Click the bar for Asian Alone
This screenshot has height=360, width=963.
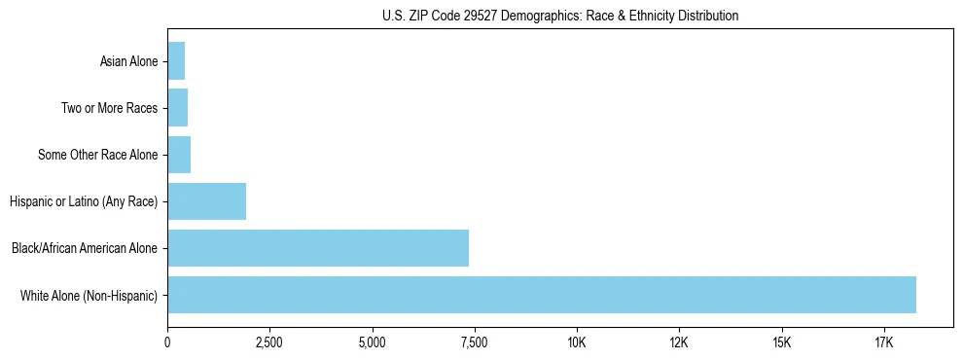click(176, 61)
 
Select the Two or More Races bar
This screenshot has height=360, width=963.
click(178, 108)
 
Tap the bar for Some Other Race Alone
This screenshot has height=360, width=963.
click(179, 155)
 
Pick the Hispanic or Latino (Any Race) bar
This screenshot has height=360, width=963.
click(206, 201)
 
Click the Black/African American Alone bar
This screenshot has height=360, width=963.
click(318, 248)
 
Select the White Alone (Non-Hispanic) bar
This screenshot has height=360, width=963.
click(542, 295)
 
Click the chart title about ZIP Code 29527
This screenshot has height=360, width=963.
click(560, 16)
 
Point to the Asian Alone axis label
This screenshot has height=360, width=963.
click(128, 62)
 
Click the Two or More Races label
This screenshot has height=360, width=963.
click(109, 109)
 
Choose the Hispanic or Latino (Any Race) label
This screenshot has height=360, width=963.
click(83, 202)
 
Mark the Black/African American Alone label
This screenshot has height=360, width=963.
click(84, 249)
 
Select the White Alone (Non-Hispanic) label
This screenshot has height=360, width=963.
click(89, 296)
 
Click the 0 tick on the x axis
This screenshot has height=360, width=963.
click(167, 342)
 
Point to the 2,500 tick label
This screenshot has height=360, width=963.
click(269, 342)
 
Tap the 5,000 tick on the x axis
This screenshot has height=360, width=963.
click(372, 342)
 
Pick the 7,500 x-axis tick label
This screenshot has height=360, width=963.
click(475, 342)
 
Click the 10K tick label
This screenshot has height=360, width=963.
click(577, 342)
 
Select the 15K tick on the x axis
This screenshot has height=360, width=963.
click(781, 342)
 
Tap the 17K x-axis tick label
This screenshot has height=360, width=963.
click(883, 342)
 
